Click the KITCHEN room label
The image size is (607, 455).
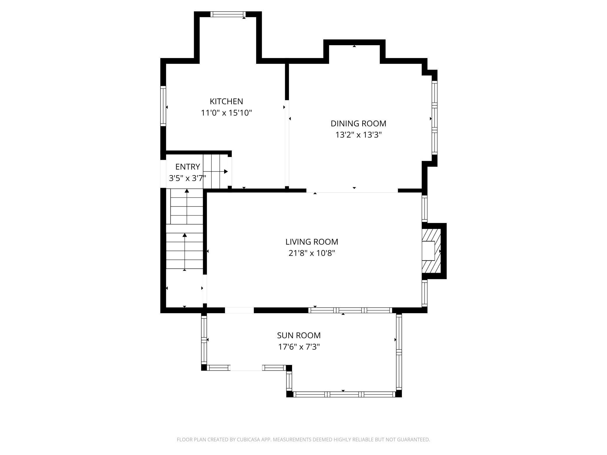tap(226, 101)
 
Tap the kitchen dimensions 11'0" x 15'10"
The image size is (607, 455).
tap(226, 113)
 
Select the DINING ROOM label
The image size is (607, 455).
tap(358, 123)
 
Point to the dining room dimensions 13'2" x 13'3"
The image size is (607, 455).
tap(359, 135)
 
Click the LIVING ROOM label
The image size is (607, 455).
tap(312, 242)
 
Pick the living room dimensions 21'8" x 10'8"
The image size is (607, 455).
tap(312, 253)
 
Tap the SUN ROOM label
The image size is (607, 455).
tap(299, 335)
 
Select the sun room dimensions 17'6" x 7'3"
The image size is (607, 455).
tap(299, 347)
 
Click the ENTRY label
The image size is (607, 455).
tap(188, 167)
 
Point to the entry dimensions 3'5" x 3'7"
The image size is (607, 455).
tap(188, 178)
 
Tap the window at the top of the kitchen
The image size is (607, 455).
tap(228, 14)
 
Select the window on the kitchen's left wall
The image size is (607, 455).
tap(163, 106)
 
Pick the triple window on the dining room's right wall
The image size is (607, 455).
tap(435, 118)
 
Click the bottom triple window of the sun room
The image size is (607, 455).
tap(344, 394)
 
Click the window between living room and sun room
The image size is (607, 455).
tap(350, 310)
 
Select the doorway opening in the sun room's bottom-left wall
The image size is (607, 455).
tap(246, 368)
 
